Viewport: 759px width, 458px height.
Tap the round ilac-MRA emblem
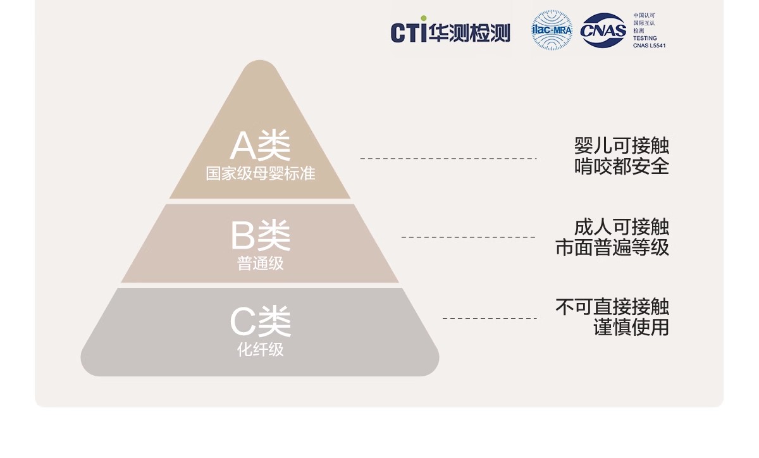pyautogui.click(x=552, y=30)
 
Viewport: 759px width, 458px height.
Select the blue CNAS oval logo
pyautogui.click(x=603, y=30)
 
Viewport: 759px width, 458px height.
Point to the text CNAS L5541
pyautogui.click(x=649, y=46)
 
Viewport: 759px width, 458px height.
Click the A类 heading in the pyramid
pyautogui.click(x=260, y=145)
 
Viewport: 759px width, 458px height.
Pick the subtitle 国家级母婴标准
pyautogui.click(x=260, y=173)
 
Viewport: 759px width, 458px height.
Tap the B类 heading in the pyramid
pyautogui.click(x=260, y=235)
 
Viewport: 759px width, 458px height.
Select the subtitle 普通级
pyautogui.click(x=260, y=263)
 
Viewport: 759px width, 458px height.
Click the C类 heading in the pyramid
pyautogui.click(x=260, y=321)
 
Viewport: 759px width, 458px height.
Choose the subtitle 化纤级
pyautogui.click(x=260, y=349)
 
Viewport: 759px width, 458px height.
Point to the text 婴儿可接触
pyautogui.click(x=621, y=145)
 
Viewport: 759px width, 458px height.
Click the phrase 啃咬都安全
pyautogui.click(x=621, y=166)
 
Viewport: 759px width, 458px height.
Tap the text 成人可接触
pyautogui.click(x=621, y=226)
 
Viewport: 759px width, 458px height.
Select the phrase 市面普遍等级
pyautogui.click(x=612, y=247)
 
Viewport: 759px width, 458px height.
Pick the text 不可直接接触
pyautogui.click(x=612, y=307)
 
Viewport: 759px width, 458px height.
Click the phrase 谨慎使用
pyautogui.click(x=631, y=328)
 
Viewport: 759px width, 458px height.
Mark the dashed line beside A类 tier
pyautogui.click(x=448, y=158)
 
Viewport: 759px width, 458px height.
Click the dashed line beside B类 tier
pyautogui.click(x=468, y=237)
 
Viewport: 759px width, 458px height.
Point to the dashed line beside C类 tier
pyautogui.click(x=489, y=318)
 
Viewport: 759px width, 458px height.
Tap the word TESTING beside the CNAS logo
pyautogui.click(x=645, y=38)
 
